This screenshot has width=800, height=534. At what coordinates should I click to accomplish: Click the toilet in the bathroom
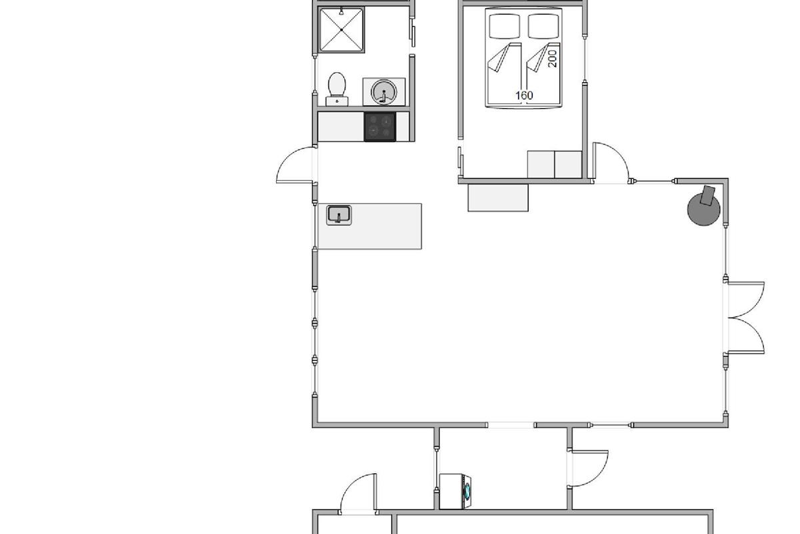point(337,89)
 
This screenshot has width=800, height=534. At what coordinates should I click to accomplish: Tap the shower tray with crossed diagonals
point(341,30)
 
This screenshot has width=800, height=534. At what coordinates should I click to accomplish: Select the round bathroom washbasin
point(383,92)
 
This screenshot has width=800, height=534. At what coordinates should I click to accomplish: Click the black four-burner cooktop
point(379,127)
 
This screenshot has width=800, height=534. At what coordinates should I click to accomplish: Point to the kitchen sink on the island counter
point(339,215)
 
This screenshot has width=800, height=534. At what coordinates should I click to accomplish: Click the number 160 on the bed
point(524,95)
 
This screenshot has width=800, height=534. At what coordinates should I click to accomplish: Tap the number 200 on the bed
point(552,59)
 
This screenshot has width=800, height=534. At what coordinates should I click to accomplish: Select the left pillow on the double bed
point(504,26)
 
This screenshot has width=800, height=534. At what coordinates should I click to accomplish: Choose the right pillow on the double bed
point(543,26)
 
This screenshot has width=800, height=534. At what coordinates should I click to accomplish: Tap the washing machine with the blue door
point(455,491)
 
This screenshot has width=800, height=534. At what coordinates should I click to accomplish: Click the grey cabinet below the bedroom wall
point(498,198)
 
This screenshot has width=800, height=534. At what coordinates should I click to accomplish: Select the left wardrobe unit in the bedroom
point(541,164)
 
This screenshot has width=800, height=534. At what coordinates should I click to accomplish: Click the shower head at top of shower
point(341,12)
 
